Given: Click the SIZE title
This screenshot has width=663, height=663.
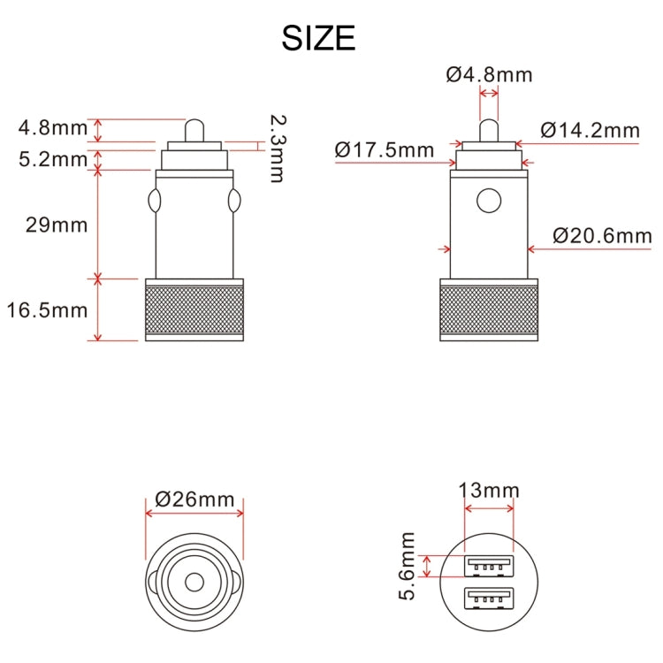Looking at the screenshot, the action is [x=318, y=38].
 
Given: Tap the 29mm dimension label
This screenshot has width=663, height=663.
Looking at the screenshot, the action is [x=57, y=225].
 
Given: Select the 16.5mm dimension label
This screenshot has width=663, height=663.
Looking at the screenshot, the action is [x=47, y=310].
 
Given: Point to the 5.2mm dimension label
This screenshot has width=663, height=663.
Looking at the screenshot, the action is [x=53, y=159].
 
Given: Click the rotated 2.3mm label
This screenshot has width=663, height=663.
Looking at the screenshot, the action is [x=278, y=149].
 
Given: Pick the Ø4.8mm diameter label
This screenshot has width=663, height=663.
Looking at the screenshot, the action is [x=489, y=75].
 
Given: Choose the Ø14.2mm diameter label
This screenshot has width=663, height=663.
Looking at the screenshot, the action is [x=590, y=130].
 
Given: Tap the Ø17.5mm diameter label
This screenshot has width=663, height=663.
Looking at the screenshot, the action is [x=385, y=149].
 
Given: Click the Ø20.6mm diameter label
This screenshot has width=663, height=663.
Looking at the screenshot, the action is [x=602, y=235].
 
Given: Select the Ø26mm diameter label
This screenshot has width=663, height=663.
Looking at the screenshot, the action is [x=194, y=499].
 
